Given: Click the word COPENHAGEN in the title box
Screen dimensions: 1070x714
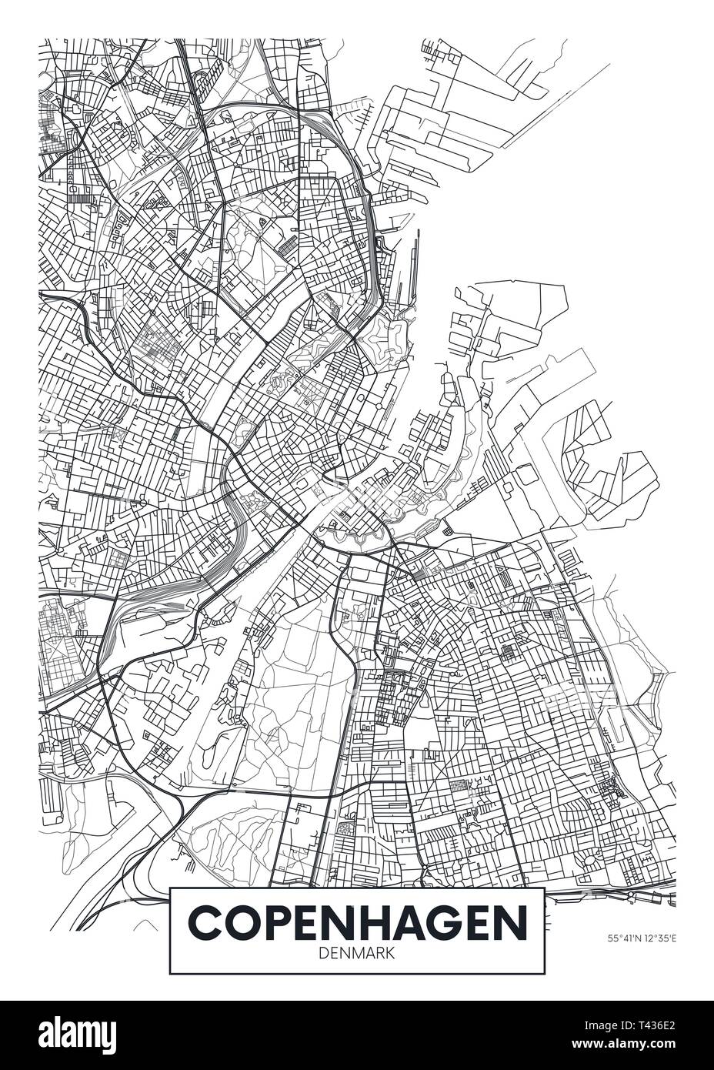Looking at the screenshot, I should click(357, 922).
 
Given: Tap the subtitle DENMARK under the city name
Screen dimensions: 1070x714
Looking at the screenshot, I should click(357, 952).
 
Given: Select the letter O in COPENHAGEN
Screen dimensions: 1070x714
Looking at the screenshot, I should click(239, 922).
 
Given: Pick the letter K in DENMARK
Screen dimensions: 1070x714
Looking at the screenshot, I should click(391, 952).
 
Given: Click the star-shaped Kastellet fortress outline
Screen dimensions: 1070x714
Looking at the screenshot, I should click(382, 336).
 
